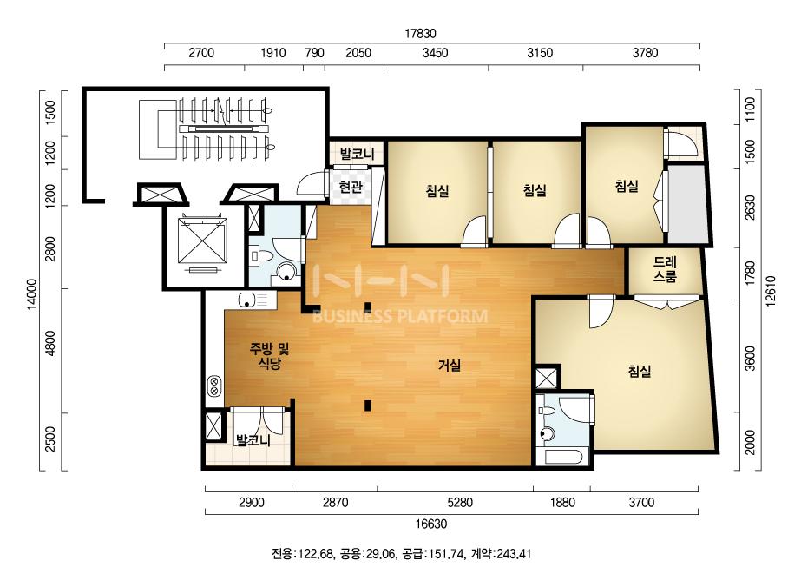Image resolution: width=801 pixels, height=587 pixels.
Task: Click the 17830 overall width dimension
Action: (420, 34)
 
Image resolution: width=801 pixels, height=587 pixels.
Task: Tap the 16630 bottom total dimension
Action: (431, 524)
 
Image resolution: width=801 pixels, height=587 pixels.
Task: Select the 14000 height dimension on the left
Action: (31, 294)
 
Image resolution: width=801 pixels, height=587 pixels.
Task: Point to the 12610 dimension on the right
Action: (771, 291)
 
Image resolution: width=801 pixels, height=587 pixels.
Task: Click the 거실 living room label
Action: (450, 365)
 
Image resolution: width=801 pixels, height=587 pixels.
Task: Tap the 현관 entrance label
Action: (351, 188)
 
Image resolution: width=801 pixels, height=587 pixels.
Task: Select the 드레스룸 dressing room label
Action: (665, 269)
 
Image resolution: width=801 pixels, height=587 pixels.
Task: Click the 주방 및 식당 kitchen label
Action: (269, 356)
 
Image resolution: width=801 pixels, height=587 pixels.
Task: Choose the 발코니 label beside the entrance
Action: (358, 153)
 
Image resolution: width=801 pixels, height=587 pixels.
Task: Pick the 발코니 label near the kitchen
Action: (253, 439)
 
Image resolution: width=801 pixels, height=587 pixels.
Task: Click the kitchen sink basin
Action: (246, 300)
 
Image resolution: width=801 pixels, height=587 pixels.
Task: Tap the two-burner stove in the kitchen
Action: (214, 386)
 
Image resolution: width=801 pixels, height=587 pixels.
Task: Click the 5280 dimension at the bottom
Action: (460, 503)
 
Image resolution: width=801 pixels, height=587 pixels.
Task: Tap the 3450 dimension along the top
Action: (436, 53)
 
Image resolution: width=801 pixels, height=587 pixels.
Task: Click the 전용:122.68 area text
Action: (303, 554)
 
